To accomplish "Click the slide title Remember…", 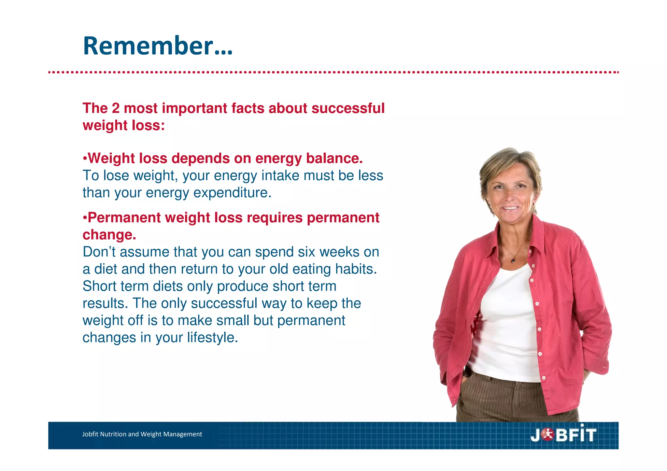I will pos(158,46).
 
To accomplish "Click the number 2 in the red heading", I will pos(116,108).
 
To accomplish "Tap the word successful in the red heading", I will pos(348,108).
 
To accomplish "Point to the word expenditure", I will pos(232,193).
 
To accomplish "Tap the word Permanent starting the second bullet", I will pos(124,218).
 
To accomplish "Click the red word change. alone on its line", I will pos(109,235).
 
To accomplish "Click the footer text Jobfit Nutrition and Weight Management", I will pos(142,434).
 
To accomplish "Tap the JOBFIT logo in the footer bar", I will pos(563,435).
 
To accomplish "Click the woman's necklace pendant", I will pos(514,260).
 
